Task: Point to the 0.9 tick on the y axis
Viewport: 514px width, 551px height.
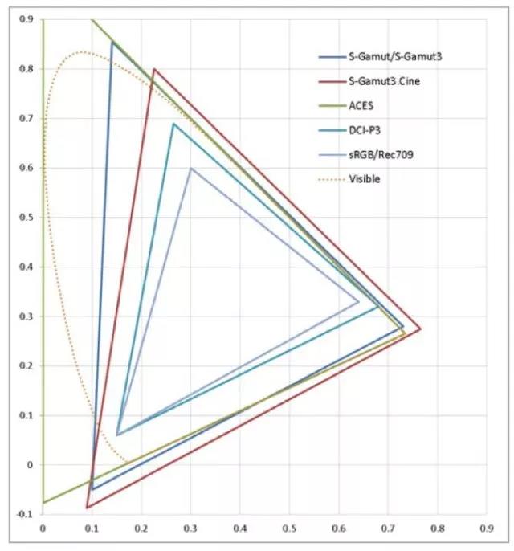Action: tap(28, 20)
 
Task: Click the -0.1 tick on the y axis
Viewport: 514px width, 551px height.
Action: tap(27, 514)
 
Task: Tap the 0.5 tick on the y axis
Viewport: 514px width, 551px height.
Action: tap(28, 218)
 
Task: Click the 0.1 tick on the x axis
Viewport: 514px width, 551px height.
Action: tap(92, 529)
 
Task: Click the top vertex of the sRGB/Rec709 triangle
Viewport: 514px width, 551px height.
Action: tap(190, 168)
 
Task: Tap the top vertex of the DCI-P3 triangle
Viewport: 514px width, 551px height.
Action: tap(173, 124)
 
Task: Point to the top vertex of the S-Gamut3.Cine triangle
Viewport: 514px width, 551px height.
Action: tap(153, 69)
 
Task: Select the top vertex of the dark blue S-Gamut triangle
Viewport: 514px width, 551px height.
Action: tap(112, 43)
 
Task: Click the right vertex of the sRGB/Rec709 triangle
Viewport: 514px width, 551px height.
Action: tap(358, 302)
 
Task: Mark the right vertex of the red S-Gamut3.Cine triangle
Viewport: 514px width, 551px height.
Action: tap(420, 329)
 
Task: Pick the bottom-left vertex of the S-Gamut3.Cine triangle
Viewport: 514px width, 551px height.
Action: tap(87, 508)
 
